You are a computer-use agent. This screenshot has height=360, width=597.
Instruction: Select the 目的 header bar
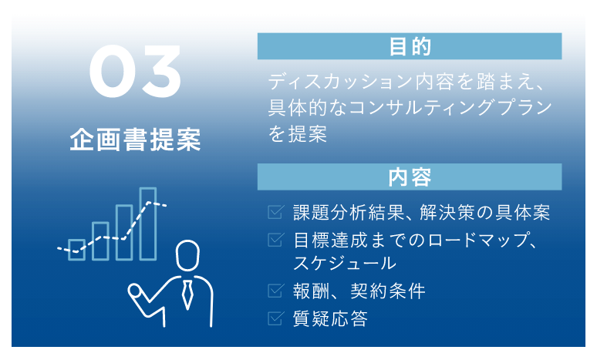pyautogui.click(x=410, y=47)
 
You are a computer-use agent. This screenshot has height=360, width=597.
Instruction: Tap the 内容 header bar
pyautogui.click(x=410, y=177)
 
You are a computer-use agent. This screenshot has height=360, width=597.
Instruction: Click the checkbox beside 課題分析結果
pyautogui.click(x=275, y=212)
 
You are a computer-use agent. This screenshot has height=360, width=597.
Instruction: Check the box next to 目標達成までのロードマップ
pyautogui.click(x=275, y=240)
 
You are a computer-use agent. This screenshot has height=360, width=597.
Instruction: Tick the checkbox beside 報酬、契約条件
pyautogui.click(x=275, y=291)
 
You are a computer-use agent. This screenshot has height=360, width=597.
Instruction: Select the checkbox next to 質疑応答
pyautogui.click(x=275, y=317)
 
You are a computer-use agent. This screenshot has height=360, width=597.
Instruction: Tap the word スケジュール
pyautogui.click(x=345, y=264)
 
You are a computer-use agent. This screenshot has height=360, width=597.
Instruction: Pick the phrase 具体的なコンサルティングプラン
pyautogui.click(x=410, y=108)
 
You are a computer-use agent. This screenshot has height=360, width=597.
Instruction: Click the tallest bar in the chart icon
pyautogui.click(x=147, y=224)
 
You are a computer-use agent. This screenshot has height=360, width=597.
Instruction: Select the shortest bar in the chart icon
pyautogui.click(x=76, y=249)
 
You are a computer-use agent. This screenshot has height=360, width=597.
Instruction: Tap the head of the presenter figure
pyautogui.click(x=187, y=254)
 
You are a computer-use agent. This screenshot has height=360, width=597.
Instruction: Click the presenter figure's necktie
pyautogui.click(x=187, y=294)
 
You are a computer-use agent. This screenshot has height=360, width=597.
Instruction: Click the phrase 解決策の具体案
pyautogui.click(x=494, y=213)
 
